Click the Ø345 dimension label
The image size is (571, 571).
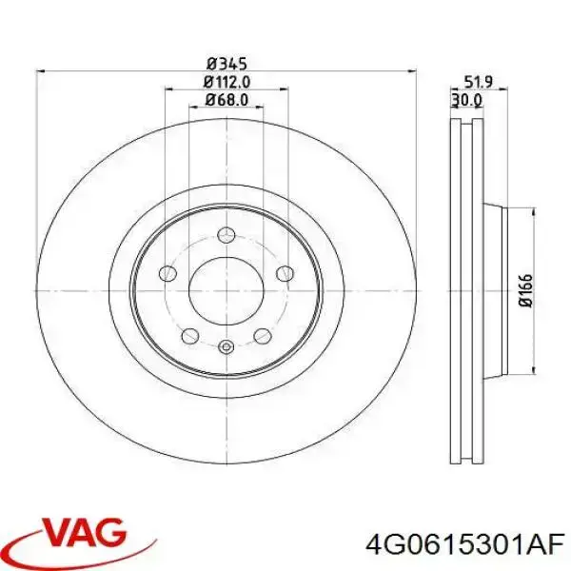point(226,64)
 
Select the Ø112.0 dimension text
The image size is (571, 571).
point(226,82)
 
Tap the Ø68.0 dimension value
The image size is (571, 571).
point(226,100)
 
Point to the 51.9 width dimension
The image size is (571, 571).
point(479,82)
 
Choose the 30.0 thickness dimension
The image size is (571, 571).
point(467,99)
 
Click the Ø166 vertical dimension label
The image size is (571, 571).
point(526,290)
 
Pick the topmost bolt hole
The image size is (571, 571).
point(226,235)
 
